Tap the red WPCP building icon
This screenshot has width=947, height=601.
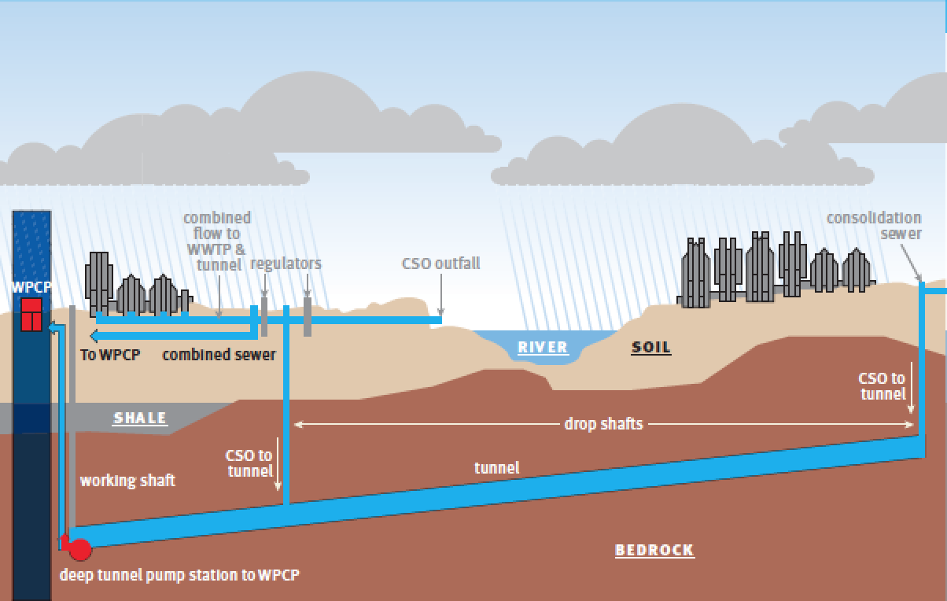[31, 315]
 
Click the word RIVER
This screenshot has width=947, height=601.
[542, 347]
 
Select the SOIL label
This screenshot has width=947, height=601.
[651, 347]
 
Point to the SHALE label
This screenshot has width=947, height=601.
[140, 418]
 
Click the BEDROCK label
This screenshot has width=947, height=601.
[654, 550]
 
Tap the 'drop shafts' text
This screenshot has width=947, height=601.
[603, 424]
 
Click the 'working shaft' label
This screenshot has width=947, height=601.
[127, 480]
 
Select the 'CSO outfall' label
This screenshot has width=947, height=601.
[440, 263]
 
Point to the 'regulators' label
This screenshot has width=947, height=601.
[286, 263]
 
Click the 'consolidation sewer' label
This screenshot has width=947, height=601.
[874, 225]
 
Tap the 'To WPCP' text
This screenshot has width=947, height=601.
[110, 355]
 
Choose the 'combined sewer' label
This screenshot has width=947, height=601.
[219, 355]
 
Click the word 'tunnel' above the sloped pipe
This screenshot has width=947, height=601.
[496, 468]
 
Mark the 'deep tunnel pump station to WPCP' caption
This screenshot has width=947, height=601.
[179, 575]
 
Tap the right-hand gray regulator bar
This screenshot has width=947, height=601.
[308, 317]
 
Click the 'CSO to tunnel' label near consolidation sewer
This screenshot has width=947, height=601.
[882, 386]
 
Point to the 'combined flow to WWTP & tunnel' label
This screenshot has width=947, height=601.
[216, 241]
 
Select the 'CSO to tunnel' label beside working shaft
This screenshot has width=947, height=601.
[249, 463]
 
